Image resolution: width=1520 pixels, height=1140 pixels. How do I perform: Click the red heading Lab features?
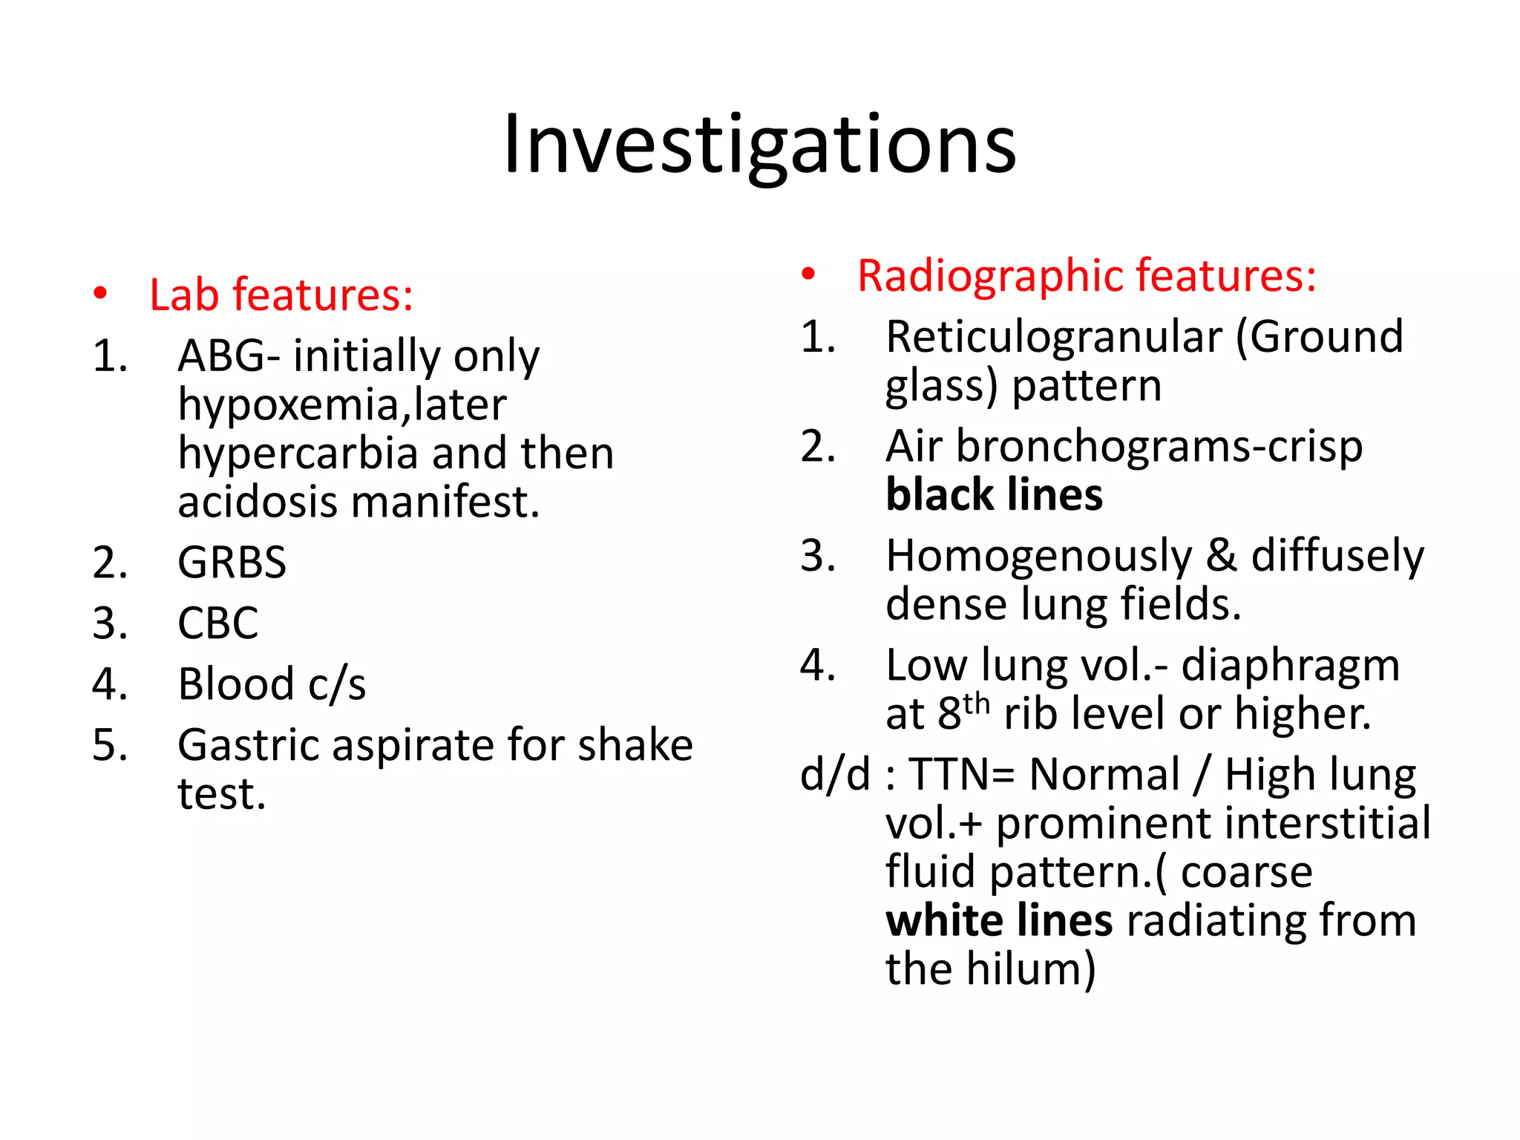coord(281,295)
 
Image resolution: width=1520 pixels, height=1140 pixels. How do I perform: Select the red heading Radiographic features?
coord(1087,276)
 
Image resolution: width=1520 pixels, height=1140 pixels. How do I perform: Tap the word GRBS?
coord(232,563)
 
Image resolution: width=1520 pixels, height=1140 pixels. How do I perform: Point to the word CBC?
coord(217,623)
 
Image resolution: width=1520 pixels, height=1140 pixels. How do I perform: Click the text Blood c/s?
coord(272,684)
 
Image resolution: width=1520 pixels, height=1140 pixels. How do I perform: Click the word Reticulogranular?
coord(1053,338)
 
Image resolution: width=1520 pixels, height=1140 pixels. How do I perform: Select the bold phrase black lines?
coord(994,495)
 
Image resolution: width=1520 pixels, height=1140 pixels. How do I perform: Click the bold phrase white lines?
coord(998,921)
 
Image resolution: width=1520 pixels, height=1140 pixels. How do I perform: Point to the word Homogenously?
coord(1038,556)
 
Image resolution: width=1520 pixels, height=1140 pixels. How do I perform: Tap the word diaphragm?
coord(1290,666)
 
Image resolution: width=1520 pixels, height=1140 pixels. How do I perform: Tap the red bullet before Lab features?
coord(100,294)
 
